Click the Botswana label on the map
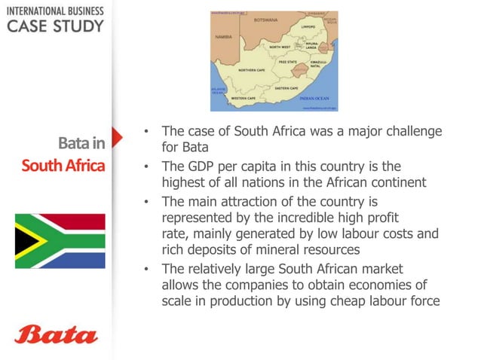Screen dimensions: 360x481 (266, 20)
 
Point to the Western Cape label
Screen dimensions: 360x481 (243, 98)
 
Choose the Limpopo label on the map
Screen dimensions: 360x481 (308, 26)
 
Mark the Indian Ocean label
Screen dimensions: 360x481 (314, 99)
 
